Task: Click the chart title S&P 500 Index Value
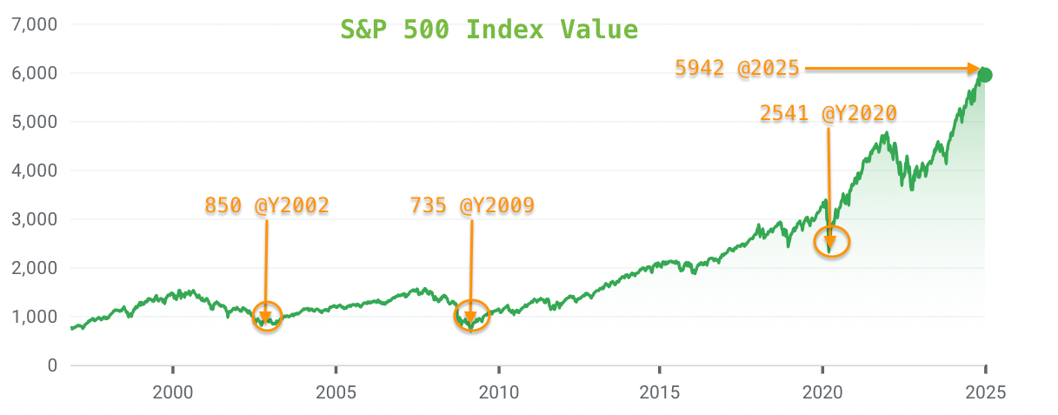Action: (489, 30)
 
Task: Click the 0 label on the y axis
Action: (51, 365)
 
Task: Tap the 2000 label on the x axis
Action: (173, 392)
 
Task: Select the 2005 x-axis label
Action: (336, 392)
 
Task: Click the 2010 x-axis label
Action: (498, 392)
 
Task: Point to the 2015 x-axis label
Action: (660, 392)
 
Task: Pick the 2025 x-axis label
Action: (985, 392)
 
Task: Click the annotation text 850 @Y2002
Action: (267, 205)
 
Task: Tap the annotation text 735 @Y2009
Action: (472, 205)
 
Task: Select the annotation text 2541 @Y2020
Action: (828, 113)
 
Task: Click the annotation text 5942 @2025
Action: (737, 68)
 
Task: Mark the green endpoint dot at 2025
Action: (985, 75)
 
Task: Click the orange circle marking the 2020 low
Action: (831, 242)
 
